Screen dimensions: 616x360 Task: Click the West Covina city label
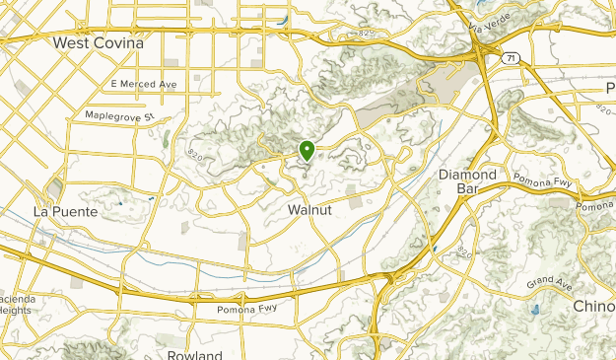(x=98, y=43)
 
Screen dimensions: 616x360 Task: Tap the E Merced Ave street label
(x=144, y=85)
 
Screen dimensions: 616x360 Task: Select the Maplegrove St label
(x=120, y=115)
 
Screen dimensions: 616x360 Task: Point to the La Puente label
(x=65, y=212)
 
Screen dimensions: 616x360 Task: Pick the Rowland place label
(x=195, y=354)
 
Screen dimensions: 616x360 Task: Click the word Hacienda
(x=17, y=297)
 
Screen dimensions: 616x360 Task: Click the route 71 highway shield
(x=510, y=59)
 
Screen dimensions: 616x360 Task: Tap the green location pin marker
(x=308, y=151)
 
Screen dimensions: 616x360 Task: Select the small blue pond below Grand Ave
(x=534, y=309)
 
